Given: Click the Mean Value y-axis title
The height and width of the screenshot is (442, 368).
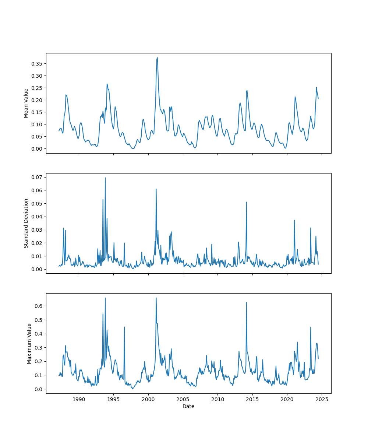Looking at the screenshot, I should click(x=26, y=103).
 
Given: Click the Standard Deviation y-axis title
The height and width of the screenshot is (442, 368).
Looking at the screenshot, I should click(x=26, y=223).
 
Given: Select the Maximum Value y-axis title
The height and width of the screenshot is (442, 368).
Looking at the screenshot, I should click(x=29, y=344).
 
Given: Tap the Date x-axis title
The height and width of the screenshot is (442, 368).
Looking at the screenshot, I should click(x=188, y=406).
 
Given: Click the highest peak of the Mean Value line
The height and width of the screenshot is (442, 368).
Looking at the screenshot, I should click(x=157, y=57).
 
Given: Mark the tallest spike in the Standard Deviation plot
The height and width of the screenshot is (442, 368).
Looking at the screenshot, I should click(x=105, y=178).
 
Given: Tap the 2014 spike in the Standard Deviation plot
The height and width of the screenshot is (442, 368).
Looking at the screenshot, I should click(x=247, y=202).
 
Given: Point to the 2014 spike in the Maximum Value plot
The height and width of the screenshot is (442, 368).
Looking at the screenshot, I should click(x=246, y=302).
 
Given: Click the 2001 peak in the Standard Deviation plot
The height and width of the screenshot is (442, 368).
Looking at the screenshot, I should click(x=156, y=189).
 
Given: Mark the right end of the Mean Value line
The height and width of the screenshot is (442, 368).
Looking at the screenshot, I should click(x=318, y=98).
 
